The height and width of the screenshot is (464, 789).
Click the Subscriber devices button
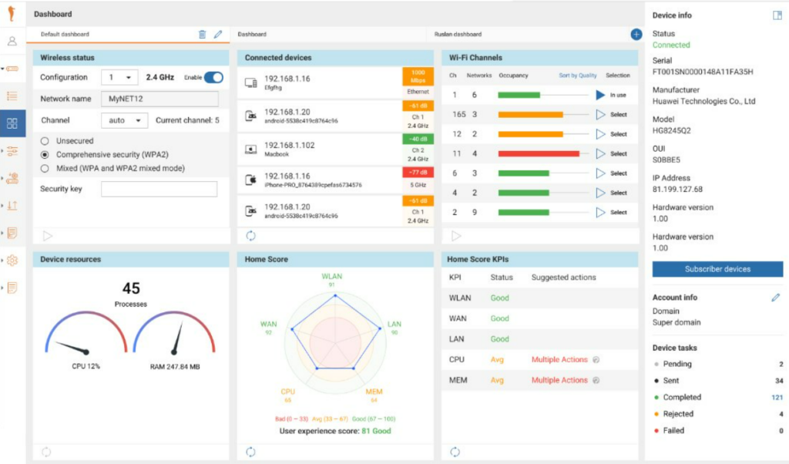tap(717, 269)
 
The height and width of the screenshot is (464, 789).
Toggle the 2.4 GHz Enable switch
tap(213, 77)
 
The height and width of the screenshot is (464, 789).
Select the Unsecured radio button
tap(45, 141)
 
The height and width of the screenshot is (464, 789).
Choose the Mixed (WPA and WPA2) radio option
tap(45, 168)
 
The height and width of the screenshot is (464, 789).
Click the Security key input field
tap(159, 189)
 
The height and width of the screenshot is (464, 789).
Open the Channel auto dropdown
tap(124, 120)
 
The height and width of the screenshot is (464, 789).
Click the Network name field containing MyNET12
tap(159, 99)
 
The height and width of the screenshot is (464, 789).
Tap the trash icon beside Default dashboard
tap(202, 34)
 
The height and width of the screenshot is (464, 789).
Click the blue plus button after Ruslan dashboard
tap(636, 34)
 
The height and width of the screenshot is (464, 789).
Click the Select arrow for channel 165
tap(601, 114)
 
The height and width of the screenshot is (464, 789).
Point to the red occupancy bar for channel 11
tap(539, 153)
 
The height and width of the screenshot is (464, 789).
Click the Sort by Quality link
tap(578, 76)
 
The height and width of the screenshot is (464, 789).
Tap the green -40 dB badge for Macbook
tap(418, 140)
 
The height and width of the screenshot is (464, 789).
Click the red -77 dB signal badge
tap(418, 173)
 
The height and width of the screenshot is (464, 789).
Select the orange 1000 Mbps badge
tap(418, 76)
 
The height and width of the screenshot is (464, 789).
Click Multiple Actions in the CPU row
tap(559, 360)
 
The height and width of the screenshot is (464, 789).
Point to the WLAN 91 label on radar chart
tap(332, 279)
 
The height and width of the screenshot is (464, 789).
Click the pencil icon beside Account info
tap(776, 298)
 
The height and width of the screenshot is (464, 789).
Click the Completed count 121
tap(777, 398)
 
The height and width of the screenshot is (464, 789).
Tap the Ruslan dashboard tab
tap(458, 35)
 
